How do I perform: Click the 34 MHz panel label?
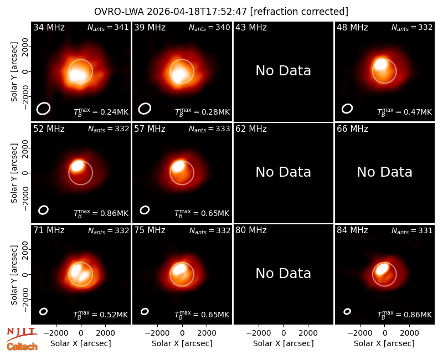coord(49,27)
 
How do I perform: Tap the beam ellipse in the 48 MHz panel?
coord(347,109)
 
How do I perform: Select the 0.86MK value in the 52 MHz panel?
coord(114,213)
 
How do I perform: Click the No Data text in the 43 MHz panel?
coord(283,71)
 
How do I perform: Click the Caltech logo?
coord(22,347)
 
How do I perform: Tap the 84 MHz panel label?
coord(352,230)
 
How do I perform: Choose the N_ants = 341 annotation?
coord(108,28)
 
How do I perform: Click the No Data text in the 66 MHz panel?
coord(384,172)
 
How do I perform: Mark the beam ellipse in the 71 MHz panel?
coord(43,311)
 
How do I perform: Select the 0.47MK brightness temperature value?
coord(418,112)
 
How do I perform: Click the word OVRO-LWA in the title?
coord(119,12)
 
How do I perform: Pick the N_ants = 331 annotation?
coord(412,231)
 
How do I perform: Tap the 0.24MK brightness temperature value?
coord(114,112)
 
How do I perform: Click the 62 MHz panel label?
coord(251,129)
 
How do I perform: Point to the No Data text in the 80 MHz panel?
coord(283,274)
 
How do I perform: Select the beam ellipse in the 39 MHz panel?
coord(145,109)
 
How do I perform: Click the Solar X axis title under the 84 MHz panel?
coord(384,343)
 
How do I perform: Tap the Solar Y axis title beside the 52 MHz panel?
coord(14,173)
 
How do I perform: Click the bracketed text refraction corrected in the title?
coord(299,12)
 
